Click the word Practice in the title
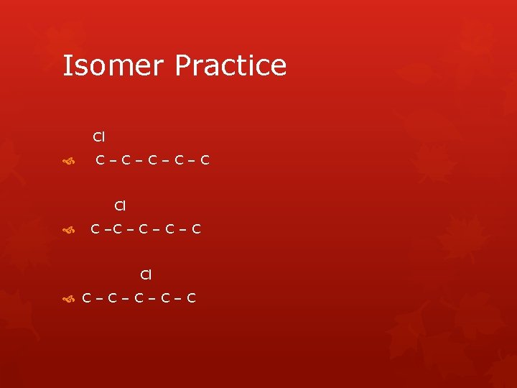pos(230,65)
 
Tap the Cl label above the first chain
pos(99,137)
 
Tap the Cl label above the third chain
pos(146,274)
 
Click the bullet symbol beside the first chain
pos(69,161)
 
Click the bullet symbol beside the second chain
pos(69,230)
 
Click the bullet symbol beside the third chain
pos(69,298)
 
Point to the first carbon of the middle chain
pos(95,229)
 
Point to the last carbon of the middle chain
pos(196,229)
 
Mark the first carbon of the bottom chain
pos(87,297)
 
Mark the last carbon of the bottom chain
pos(191,297)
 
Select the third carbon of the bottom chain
pos(139,297)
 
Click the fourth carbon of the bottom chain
pos(165,297)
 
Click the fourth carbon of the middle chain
pos(169,229)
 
